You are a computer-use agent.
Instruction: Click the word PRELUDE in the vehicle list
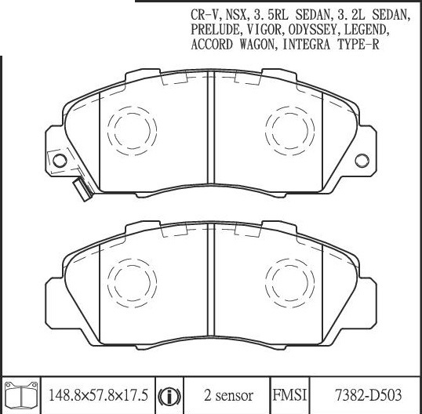(x=215, y=30)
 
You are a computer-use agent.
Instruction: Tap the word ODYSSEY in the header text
(x=312, y=30)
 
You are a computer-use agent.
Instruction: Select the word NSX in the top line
(x=236, y=15)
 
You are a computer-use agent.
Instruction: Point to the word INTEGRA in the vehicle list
(x=306, y=45)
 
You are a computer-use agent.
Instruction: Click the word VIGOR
(x=264, y=30)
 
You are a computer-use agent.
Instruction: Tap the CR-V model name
(x=204, y=15)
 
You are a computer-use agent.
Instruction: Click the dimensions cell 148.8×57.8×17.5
(x=99, y=395)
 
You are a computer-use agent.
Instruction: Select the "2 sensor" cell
(x=228, y=396)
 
